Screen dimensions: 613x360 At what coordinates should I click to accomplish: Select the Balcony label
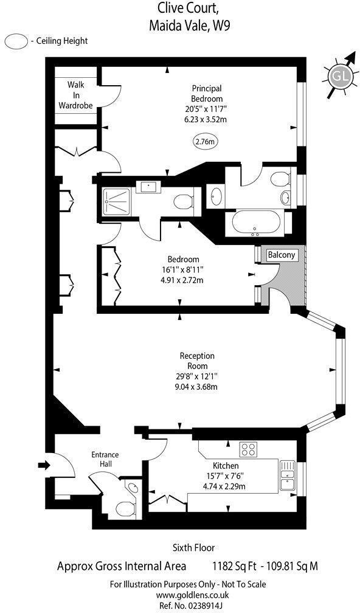[282, 255]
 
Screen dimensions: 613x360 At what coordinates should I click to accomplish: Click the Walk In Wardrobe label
[75, 95]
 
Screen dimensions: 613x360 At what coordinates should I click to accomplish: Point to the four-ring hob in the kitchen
[249, 450]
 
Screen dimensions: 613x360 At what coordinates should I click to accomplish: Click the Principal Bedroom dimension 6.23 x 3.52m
[206, 120]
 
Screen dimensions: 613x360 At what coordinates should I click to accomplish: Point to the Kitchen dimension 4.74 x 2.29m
[225, 486]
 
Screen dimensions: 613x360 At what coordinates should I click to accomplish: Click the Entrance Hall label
[105, 459]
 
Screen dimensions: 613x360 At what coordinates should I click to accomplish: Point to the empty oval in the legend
[16, 41]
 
